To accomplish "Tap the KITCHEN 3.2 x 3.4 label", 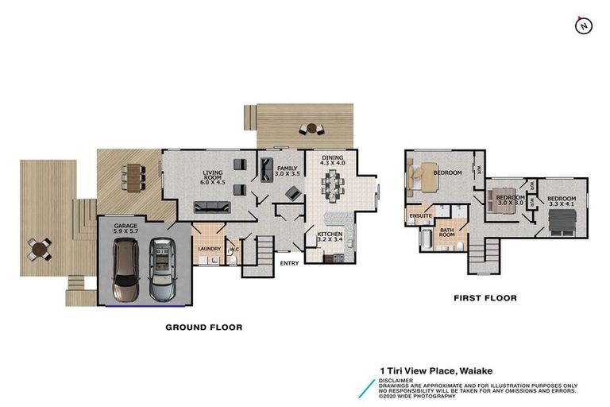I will coord(330,235).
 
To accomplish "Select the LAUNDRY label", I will coord(209,248).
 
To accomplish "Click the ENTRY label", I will coord(288,264).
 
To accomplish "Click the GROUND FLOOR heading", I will coord(203,327).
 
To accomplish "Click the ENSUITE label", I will coord(420,216).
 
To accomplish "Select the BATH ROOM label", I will coord(447,232).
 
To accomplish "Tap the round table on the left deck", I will coord(37,250).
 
